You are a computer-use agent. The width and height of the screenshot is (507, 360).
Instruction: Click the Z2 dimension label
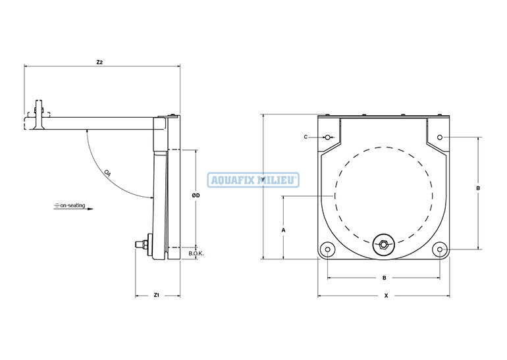(99, 63)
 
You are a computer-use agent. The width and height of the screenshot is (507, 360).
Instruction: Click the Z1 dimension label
(157, 295)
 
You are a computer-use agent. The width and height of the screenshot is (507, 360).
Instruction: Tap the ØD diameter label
(196, 195)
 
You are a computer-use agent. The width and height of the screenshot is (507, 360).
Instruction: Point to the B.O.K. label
(196, 253)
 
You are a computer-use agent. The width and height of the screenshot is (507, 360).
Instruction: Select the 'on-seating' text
(72, 205)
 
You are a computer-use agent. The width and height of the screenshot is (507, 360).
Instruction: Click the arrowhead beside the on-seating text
(90, 209)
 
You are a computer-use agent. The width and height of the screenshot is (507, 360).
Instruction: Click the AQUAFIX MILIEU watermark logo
(254, 180)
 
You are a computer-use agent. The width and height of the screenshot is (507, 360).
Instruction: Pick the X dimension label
(386, 296)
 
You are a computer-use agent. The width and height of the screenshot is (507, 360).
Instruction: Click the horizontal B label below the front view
(384, 278)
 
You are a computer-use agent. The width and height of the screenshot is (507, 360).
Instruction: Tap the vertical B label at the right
(479, 188)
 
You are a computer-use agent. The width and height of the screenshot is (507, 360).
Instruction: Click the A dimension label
(284, 230)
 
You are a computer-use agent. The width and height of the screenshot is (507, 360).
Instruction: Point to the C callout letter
(306, 137)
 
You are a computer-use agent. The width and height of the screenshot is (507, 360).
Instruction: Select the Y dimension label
(263, 180)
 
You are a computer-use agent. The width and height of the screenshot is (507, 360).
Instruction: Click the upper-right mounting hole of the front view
(440, 138)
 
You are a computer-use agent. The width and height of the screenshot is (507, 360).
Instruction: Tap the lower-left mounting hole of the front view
(327, 249)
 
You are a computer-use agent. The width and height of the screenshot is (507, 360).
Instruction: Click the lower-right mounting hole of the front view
(440, 249)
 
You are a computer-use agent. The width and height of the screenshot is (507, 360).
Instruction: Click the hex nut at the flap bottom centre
(383, 245)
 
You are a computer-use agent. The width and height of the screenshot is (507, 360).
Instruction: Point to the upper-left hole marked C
(327, 138)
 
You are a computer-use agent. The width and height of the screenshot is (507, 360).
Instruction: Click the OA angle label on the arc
(108, 173)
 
